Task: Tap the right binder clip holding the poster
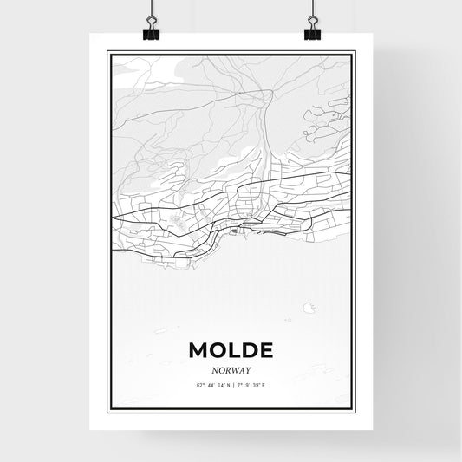(312, 30)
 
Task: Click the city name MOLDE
(231, 350)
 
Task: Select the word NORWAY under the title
(231, 368)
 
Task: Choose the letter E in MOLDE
(264, 350)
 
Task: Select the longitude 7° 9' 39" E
(253, 384)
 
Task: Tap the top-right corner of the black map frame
(355, 52)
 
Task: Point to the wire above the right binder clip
(312, 9)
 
